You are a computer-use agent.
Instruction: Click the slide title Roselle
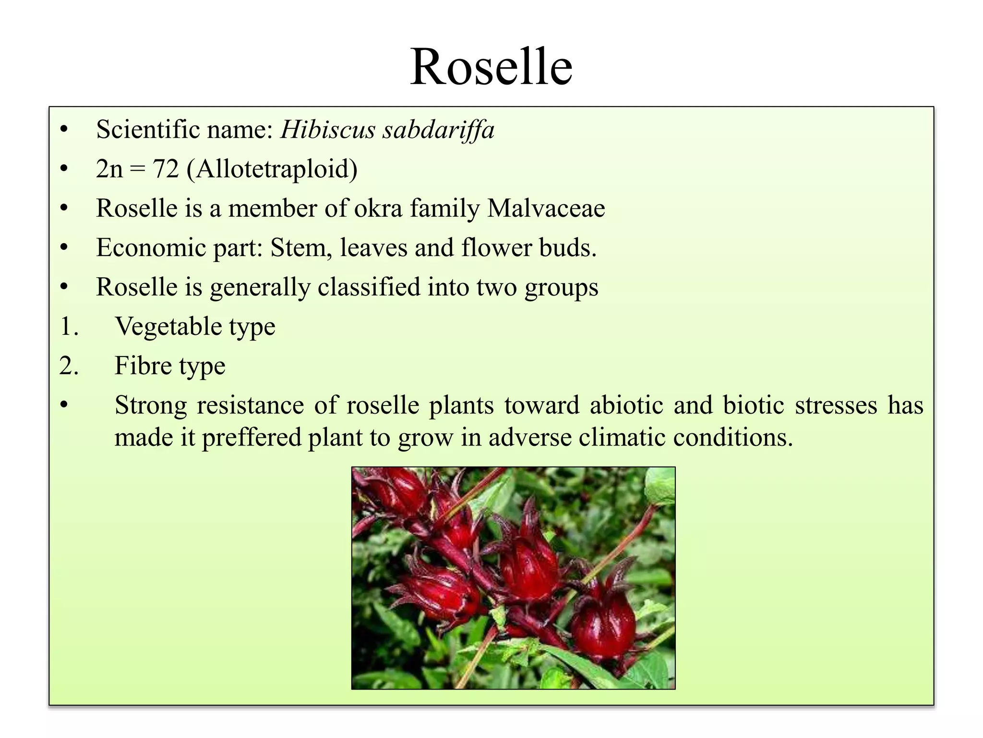491,67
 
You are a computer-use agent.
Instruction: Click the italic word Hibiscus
328,130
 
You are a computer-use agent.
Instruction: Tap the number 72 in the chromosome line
166,169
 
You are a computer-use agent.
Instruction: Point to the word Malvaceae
546,209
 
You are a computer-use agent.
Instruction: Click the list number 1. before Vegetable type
69,327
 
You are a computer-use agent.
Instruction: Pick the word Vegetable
168,327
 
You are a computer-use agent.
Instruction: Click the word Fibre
143,366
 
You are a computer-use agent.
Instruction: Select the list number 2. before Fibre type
69,366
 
